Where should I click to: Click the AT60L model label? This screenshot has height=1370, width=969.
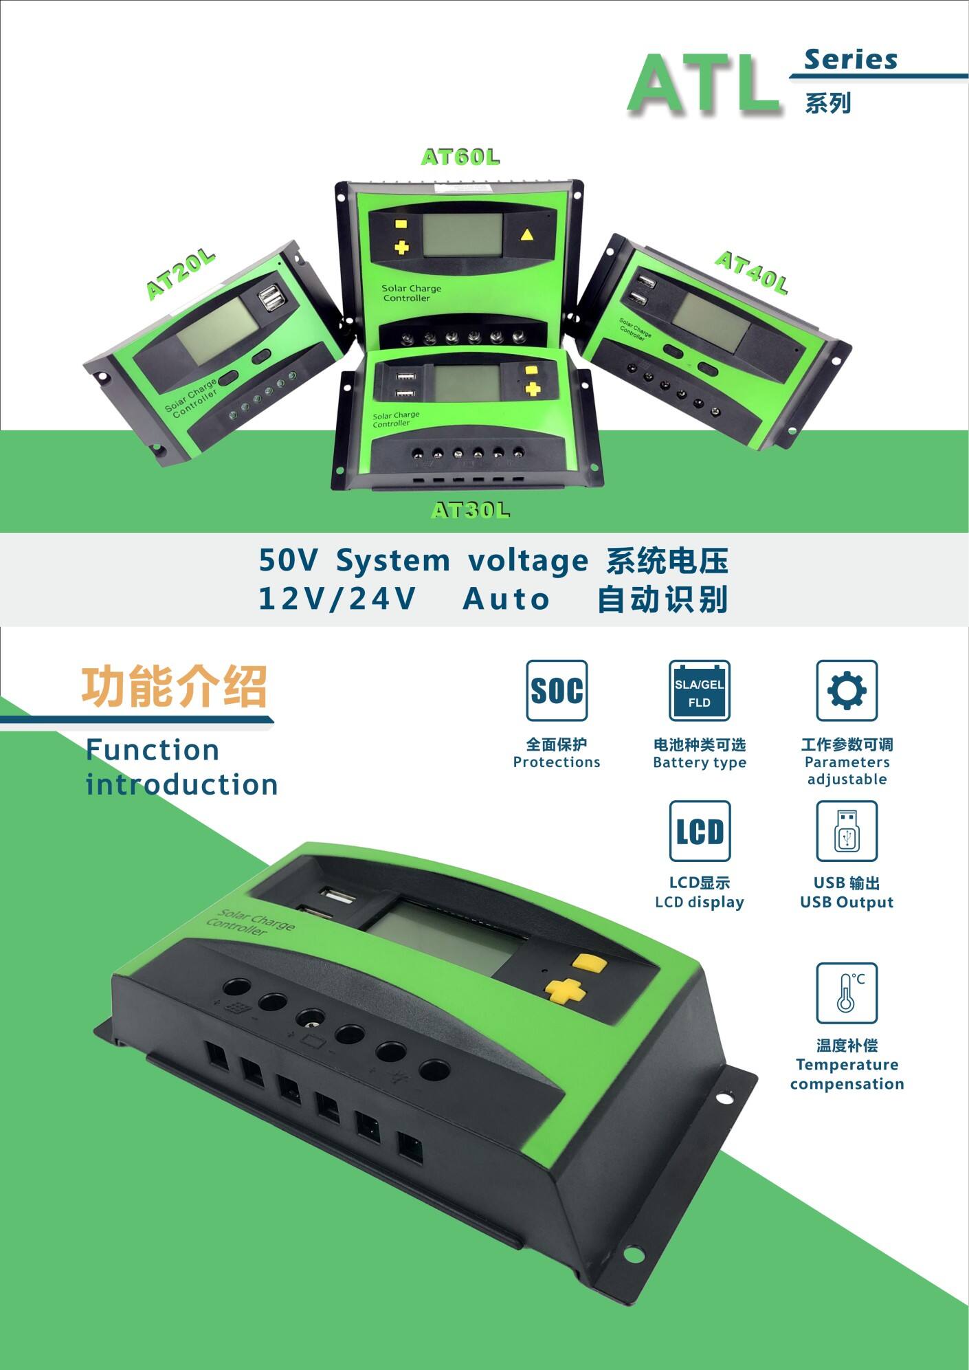point(460,157)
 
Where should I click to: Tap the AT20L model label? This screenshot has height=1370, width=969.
point(181,275)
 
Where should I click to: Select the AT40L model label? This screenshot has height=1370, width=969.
point(751,272)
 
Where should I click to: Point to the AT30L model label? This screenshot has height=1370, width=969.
point(471,510)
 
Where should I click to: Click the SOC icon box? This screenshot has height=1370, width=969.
point(557,690)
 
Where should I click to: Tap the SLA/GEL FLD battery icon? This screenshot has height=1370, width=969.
point(699,690)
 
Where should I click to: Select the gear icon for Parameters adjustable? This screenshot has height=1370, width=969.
point(847,690)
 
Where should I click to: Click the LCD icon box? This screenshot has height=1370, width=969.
point(700,830)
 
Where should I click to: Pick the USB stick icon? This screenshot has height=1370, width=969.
point(847,830)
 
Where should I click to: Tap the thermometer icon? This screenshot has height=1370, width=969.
point(847,993)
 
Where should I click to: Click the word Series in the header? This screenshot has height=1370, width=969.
point(851,60)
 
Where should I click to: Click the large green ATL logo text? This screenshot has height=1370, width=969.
point(704,84)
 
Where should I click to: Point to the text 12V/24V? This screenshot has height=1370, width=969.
point(337,599)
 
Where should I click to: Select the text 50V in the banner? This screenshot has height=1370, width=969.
point(288,560)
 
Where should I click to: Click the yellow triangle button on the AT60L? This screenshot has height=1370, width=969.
point(526,235)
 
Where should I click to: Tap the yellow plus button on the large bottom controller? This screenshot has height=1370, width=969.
point(564,990)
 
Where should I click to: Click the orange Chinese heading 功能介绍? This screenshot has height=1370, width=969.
point(174,686)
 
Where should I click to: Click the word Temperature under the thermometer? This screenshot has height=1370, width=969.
point(847,1065)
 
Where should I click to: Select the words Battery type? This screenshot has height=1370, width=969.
point(699,762)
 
